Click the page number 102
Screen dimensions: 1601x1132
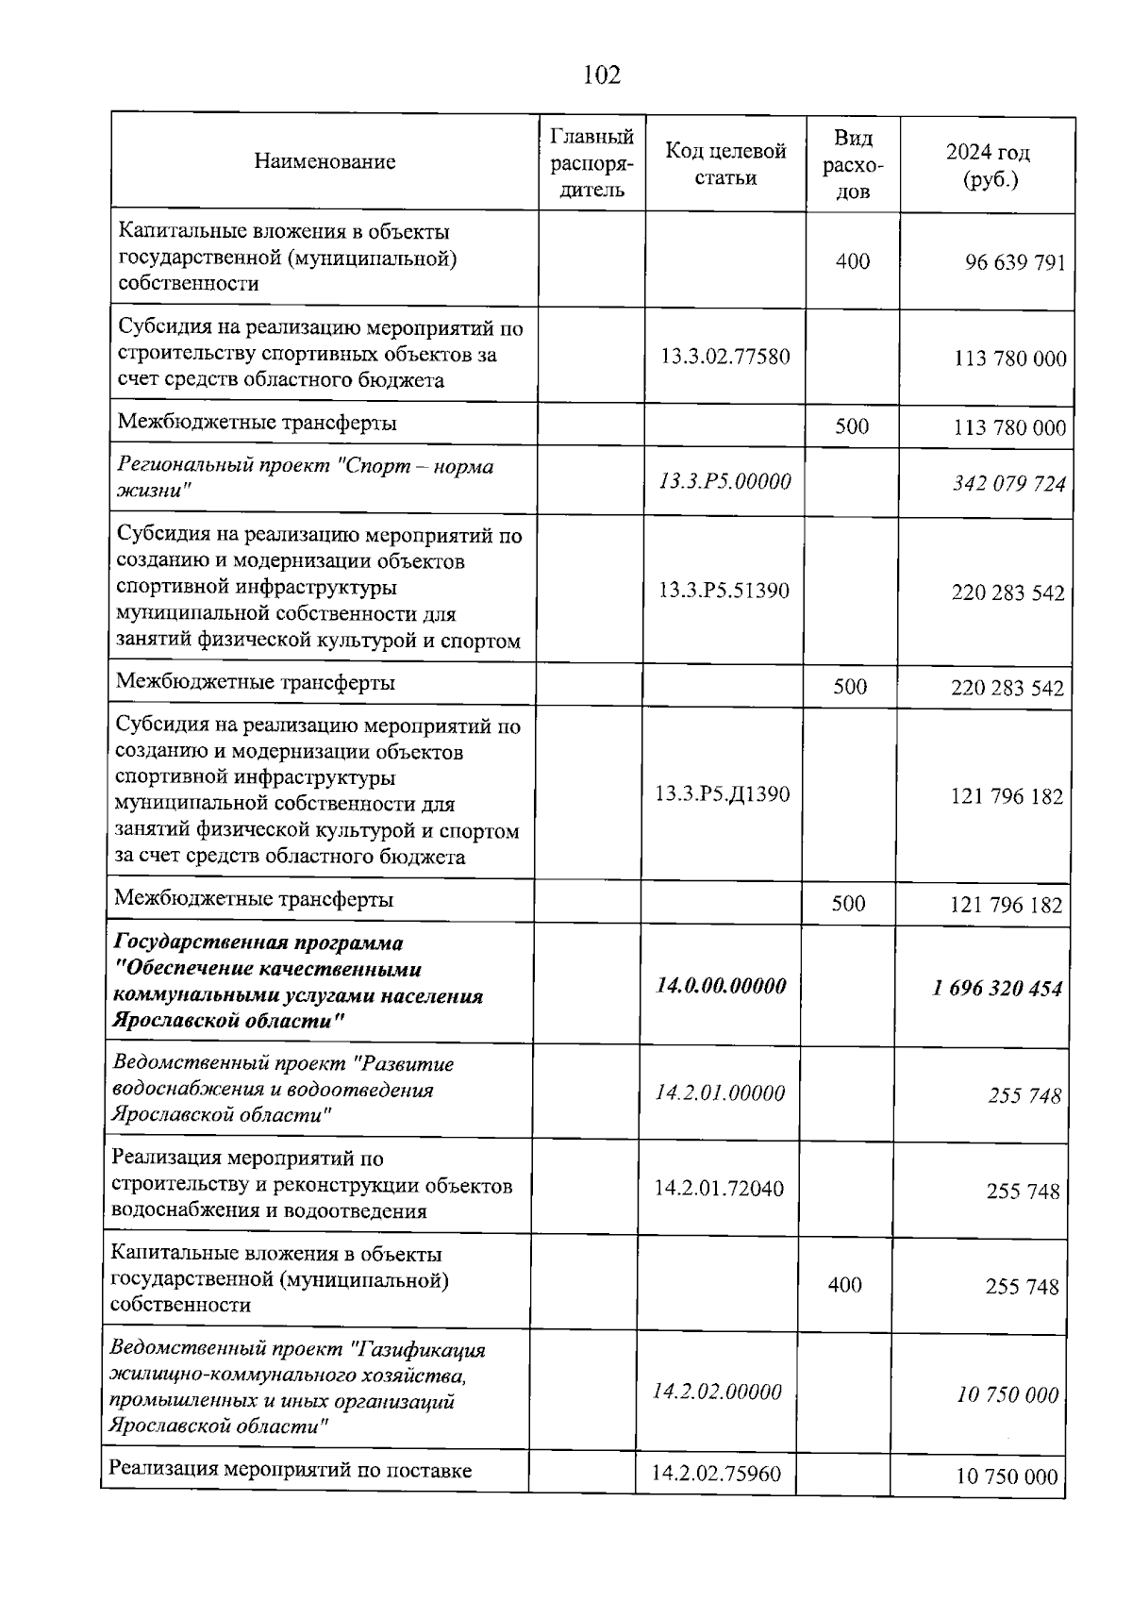tap(602, 75)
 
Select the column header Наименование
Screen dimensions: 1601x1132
tap(325, 161)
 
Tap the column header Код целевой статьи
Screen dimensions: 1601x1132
tap(725, 164)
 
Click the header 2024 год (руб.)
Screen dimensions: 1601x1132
tap(988, 165)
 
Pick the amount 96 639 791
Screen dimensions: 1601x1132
tap(1014, 262)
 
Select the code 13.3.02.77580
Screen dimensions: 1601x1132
tap(724, 357)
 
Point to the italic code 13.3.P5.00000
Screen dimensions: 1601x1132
tap(724, 482)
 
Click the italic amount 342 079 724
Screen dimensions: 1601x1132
tap(1008, 484)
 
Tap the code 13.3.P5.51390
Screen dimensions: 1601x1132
tap(724, 591)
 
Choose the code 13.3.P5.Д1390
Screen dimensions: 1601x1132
tap(723, 793)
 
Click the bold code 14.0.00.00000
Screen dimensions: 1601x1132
tap(722, 986)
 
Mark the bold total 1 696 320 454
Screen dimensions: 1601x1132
tap(997, 989)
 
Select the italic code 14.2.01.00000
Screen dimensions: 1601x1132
tap(720, 1093)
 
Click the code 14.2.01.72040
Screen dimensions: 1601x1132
tap(719, 1189)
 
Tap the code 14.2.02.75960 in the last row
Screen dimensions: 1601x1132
tap(717, 1474)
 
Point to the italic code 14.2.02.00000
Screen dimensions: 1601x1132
tap(717, 1392)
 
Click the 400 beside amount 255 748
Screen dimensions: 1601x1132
tap(844, 1285)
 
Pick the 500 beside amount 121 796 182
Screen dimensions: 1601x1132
tap(848, 903)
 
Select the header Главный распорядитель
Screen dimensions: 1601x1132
tap(591, 162)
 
